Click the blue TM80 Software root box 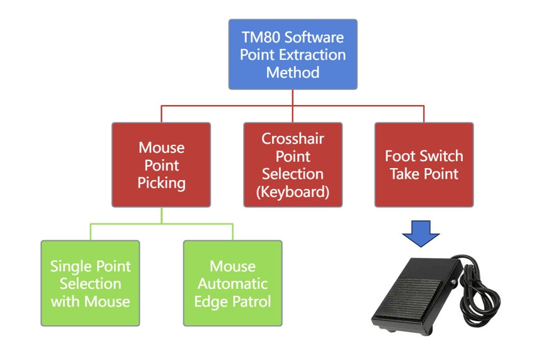point(293,54)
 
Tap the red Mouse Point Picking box point(161,165)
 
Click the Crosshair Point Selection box point(293,165)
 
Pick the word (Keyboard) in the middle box point(293,192)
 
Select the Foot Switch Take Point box point(424,165)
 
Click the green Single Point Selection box point(90,283)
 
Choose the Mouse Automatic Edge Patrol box point(232,283)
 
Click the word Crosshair point(293,138)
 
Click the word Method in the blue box point(293,72)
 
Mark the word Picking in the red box point(161,183)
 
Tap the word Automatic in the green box point(232,284)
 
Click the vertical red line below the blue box point(293,98)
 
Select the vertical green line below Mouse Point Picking point(161,215)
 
